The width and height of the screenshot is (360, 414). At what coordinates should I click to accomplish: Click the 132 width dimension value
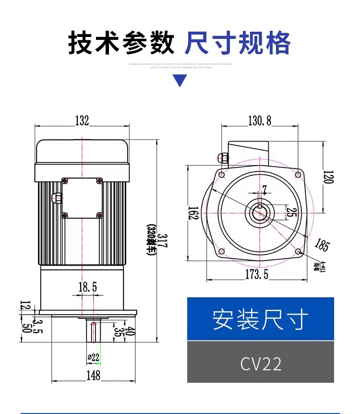click(82, 121)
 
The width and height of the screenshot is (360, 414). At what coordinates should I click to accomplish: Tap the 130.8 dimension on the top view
click(260, 121)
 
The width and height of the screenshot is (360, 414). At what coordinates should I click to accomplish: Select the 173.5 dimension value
click(257, 275)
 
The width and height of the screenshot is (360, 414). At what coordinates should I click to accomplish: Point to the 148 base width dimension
click(94, 375)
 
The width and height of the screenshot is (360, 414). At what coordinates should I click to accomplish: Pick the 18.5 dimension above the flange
click(88, 287)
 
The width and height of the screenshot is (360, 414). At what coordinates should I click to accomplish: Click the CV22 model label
click(261, 364)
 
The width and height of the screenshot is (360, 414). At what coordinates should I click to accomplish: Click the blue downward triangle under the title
click(180, 81)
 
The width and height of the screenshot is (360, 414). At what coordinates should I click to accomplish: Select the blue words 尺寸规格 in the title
click(238, 43)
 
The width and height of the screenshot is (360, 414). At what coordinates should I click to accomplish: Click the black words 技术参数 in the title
click(121, 43)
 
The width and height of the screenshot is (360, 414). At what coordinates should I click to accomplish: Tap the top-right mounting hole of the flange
click(298, 174)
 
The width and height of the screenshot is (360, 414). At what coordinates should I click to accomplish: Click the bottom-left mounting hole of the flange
click(221, 251)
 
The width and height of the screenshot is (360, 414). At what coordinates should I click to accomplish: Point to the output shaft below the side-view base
click(94, 331)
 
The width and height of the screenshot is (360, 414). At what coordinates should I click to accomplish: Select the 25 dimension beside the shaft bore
click(289, 212)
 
